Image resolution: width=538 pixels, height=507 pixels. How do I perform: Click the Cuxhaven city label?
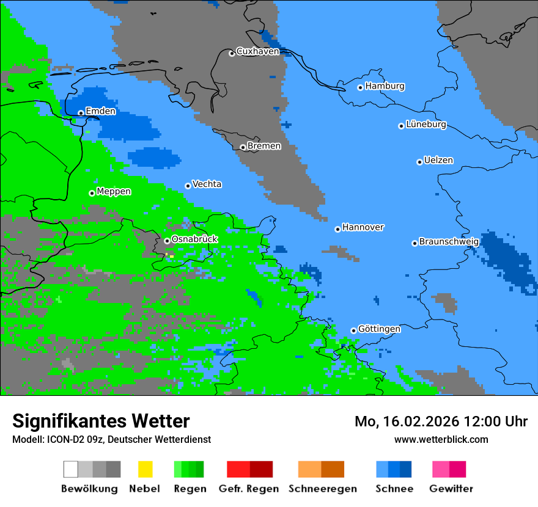point(257,51)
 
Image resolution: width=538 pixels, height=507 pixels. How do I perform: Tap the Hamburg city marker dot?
point(361,87)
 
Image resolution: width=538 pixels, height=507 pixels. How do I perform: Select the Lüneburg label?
point(426,125)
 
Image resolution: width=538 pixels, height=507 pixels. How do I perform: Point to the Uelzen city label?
point(438,161)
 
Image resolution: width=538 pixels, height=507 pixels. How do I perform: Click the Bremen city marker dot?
point(243,147)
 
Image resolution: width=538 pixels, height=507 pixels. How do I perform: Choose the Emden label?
point(100,111)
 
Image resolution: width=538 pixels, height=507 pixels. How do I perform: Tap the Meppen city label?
point(114,192)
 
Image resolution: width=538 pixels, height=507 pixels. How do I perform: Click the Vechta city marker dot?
point(188,186)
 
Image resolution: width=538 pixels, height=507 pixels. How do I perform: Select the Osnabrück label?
point(194,239)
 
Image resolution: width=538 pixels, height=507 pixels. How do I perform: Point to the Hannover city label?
point(363,227)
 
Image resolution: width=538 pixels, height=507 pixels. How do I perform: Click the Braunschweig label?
point(449,242)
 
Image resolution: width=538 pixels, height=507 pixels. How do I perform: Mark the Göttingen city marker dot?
point(353,330)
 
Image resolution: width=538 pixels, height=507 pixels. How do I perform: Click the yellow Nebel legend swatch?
point(145,469)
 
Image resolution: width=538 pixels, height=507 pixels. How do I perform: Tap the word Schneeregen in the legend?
point(323,489)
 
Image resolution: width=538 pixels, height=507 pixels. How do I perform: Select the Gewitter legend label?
point(451,489)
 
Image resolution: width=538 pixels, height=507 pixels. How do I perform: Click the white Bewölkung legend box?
point(71,469)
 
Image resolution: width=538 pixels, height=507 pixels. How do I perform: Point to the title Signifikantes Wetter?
point(101,421)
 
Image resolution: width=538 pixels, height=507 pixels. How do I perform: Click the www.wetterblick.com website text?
point(441,440)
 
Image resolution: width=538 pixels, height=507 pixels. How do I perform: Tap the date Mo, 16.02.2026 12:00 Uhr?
point(441,421)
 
